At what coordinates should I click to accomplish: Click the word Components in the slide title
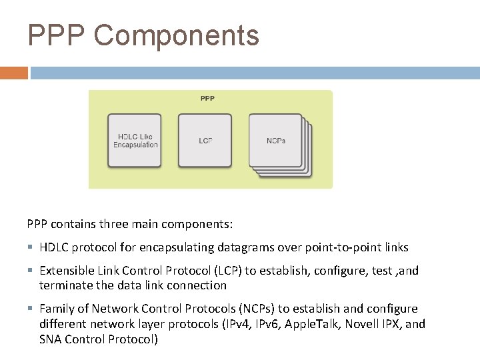177,35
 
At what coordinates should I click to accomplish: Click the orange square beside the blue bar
13,73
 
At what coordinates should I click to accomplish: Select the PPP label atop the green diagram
207,99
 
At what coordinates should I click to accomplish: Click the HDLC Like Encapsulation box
135,140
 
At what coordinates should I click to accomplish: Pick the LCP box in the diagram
205,141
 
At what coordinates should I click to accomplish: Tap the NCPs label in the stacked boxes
275,141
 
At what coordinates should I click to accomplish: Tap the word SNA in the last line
51,339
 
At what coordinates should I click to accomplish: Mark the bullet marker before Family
31,309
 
